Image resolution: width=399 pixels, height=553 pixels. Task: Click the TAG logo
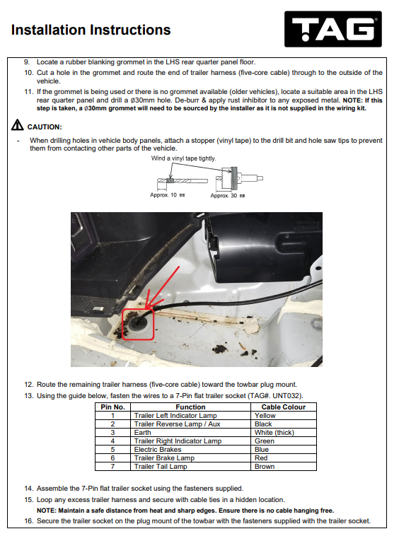pos(333,29)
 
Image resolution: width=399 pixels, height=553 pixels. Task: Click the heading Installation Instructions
pos(91,30)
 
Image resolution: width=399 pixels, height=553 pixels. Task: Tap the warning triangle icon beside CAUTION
pos(17,125)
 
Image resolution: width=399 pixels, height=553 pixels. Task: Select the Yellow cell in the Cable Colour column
pos(283,415)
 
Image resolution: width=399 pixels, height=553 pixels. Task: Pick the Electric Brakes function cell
pos(190,449)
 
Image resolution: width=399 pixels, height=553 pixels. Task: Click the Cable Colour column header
pos(283,407)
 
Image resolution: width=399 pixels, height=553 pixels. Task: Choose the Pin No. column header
pos(113,407)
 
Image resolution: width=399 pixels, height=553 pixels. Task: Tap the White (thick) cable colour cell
pos(283,432)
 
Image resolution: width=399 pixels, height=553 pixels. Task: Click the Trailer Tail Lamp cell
pos(190,466)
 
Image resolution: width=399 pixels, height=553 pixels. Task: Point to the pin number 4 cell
pos(113,441)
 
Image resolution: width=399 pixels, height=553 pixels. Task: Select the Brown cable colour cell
pos(283,466)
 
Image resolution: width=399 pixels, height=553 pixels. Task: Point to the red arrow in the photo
pos(162,288)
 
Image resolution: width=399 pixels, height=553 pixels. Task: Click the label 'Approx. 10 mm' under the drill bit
pos(167,195)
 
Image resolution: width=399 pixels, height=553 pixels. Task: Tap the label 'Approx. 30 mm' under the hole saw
pos(228,195)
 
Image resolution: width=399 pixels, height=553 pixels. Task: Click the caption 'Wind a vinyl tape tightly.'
pos(183,158)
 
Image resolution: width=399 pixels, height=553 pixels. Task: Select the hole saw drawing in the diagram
pos(239,178)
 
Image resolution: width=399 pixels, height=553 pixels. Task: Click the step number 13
pos(28,396)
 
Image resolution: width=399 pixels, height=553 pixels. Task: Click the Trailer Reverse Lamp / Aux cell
pos(190,424)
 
